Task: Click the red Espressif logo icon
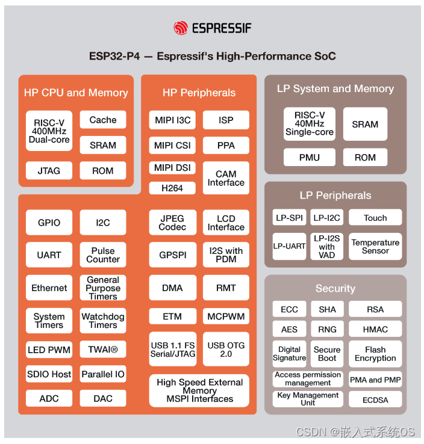[180, 28]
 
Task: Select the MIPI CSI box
[172, 145]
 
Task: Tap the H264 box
[172, 188]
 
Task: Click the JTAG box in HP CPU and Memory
[49, 170]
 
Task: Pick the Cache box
[103, 120]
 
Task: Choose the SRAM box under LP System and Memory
[365, 124]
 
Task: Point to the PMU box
[309, 158]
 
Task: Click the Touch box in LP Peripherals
[375, 218]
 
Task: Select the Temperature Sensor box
[375, 246]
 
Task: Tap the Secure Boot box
[327, 354]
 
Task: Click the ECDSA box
[375, 399]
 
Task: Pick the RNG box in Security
[327, 329]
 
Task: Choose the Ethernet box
[49, 288]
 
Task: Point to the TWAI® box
[103, 350]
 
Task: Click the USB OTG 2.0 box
[226, 350]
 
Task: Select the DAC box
[103, 398]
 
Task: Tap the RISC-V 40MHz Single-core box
[309, 124]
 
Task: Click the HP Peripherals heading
[199, 93]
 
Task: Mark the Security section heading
[335, 289]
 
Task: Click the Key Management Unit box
[308, 399]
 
